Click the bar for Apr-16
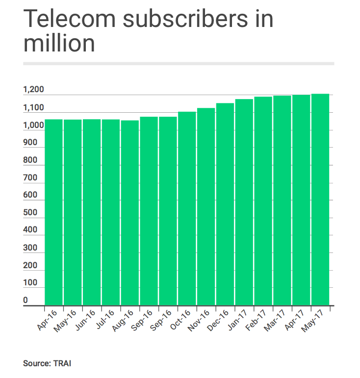click(54, 212)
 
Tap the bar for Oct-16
click(187, 208)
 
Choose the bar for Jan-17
click(244, 202)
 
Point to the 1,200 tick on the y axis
click(33, 90)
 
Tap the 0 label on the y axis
click(26, 300)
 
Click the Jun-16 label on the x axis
click(88, 319)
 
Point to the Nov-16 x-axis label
click(203, 319)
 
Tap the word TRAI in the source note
click(63, 364)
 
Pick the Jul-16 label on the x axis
click(107, 319)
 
